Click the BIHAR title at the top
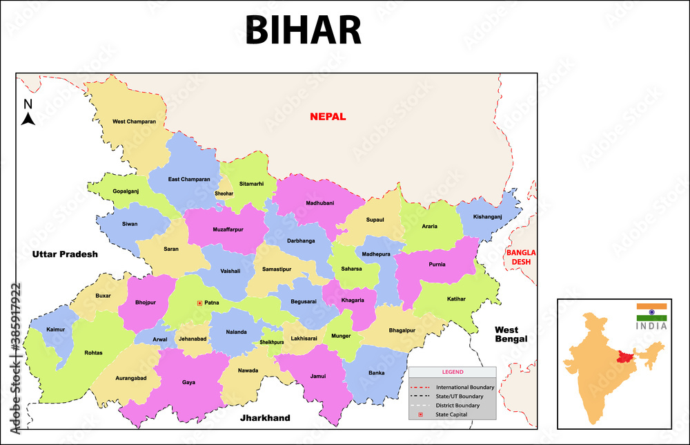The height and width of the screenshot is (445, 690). (303, 30)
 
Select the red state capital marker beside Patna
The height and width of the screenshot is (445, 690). (200, 303)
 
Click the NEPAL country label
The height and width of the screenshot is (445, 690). (328, 117)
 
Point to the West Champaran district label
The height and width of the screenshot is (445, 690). (134, 122)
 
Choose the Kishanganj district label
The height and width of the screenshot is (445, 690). (493, 217)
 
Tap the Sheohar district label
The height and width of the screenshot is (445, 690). (224, 193)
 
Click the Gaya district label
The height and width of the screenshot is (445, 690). (188, 382)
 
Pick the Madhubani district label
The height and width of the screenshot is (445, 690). (319, 203)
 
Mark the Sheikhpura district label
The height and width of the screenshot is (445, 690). (272, 342)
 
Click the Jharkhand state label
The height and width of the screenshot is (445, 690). (265, 418)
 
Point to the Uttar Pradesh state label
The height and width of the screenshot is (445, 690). (65, 254)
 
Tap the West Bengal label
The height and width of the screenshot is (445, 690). (511, 334)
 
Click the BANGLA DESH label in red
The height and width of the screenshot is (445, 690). (521, 257)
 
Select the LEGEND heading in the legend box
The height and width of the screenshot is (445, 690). (453, 372)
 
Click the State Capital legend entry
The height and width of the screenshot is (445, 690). (451, 414)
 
